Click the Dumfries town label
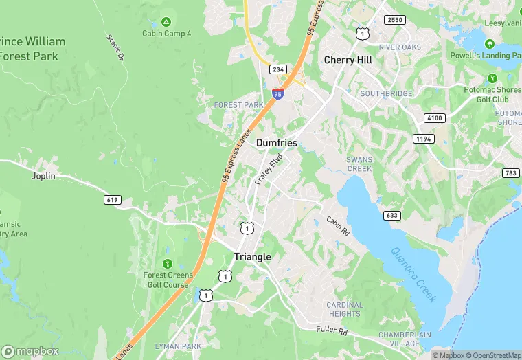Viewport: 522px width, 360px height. coord(277,143)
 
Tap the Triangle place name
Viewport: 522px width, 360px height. coord(253,256)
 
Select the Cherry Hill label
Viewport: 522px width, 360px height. coord(348,60)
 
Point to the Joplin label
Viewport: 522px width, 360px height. coord(43,176)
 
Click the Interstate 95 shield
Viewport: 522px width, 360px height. coord(277,94)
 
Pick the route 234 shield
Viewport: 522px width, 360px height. coord(277,70)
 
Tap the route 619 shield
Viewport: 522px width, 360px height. coord(113,200)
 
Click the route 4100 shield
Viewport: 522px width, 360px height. coord(433,118)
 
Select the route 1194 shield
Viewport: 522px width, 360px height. coord(424,139)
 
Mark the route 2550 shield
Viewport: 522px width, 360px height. coord(395,21)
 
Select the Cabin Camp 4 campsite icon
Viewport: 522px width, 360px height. coord(166,23)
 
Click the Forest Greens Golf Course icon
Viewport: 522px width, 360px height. coord(167,263)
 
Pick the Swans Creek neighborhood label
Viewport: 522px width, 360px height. coord(359,164)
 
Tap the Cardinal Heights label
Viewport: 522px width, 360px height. coord(344,309)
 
